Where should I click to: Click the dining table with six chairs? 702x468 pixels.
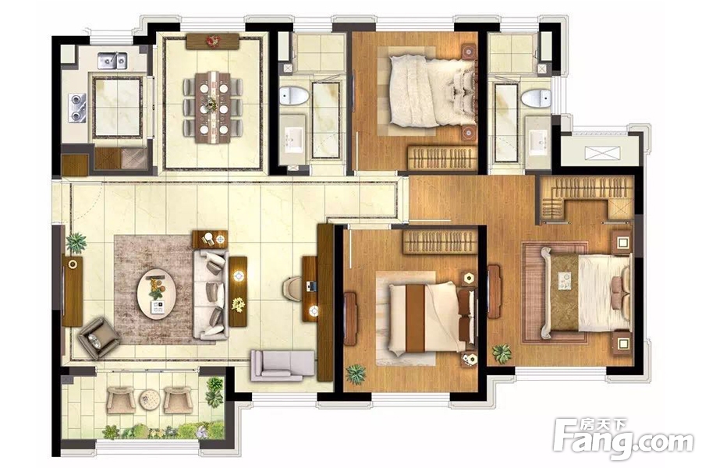click(213, 108)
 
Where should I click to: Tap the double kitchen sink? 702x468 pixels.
click(112, 61)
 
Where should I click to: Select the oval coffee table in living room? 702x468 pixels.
click(156, 293)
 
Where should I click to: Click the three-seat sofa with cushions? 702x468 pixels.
click(210, 295)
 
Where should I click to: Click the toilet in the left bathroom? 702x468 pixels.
click(294, 95)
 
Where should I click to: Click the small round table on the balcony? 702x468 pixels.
click(149, 399)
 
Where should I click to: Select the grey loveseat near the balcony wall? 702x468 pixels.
click(282, 365)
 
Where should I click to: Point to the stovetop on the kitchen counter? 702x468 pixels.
click(78, 108)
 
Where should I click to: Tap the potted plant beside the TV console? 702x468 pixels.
click(76, 243)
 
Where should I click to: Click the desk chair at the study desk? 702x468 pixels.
click(292, 289)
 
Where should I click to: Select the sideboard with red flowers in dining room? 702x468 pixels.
click(213, 41)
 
